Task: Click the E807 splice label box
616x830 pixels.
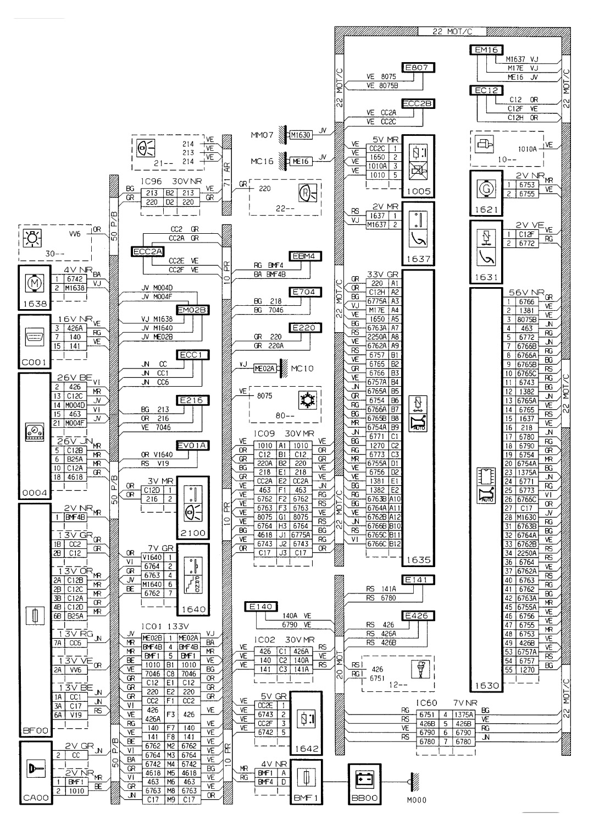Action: [x=418, y=68]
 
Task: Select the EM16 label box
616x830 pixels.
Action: [x=486, y=50]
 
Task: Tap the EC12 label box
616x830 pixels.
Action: [x=486, y=90]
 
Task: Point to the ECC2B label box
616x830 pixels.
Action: [x=418, y=103]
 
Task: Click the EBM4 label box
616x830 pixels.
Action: [x=307, y=256]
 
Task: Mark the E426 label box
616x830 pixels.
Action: [x=418, y=615]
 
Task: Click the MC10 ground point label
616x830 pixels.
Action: [x=302, y=368]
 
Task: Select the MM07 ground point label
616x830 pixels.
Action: [x=261, y=134]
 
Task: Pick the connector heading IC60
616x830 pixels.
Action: [x=426, y=703]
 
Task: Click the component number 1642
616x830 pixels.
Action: [x=306, y=749]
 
